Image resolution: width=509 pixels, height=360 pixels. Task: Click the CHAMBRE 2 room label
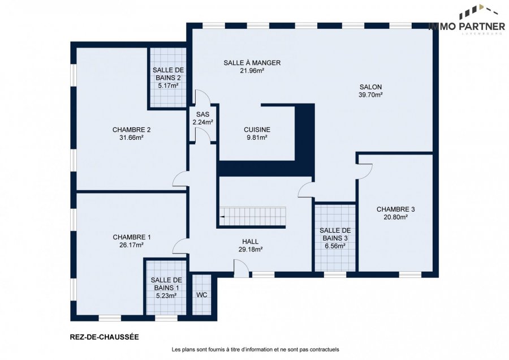[131, 130]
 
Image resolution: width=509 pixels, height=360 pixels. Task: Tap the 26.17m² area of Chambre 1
[131, 245]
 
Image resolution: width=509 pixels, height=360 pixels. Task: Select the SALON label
[370, 87]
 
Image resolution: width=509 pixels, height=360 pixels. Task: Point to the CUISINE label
[257, 130]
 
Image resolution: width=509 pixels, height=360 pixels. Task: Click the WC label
[201, 295]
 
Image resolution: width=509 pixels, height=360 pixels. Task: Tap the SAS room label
[203, 114]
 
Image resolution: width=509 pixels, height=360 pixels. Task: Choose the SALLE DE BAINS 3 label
[335, 234]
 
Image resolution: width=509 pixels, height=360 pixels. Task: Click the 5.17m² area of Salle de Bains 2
[168, 86]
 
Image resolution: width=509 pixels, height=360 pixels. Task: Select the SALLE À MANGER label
[252, 63]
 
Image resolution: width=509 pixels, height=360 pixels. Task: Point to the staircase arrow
[222, 216]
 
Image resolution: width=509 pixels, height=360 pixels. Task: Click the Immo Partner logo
[467, 19]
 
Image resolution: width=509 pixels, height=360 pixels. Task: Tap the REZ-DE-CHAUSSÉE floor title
[105, 337]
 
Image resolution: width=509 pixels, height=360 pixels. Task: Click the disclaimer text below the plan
[255, 350]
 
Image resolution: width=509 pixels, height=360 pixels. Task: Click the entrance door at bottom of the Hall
[241, 268]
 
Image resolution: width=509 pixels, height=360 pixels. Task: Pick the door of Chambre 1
[180, 246]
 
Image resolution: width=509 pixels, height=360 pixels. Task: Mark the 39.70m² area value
[370, 95]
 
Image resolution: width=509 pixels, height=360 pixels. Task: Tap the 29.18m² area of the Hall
[251, 250]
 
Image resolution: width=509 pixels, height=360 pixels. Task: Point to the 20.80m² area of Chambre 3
[395, 217]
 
